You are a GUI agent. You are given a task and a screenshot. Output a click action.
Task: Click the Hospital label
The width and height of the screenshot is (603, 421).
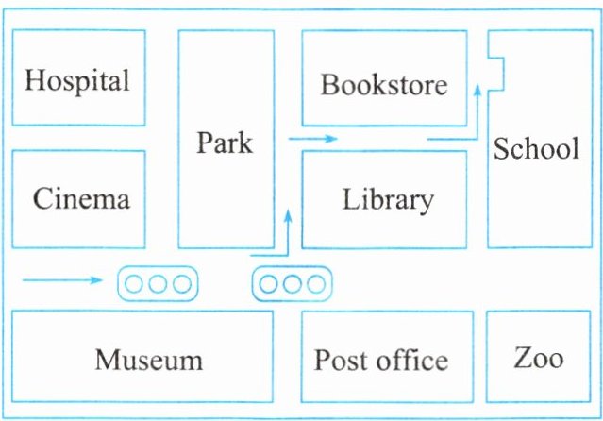pyautogui.click(x=77, y=80)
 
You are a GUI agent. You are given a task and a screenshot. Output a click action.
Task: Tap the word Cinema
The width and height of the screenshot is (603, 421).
pyautogui.click(x=81, y=199)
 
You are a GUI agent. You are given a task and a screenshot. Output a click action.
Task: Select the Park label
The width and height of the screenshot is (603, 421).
pyautogui.click(x=225, y=143)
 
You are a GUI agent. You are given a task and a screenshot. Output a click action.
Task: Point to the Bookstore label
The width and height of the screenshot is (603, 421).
pyautogui.click(x=383, y=85)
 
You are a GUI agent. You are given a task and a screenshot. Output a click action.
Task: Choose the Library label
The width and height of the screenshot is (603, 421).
pyautogui.click(x=388, y=200)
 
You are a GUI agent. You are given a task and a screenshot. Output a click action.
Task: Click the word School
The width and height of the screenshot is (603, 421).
pyautogui.click(x=536, y=149)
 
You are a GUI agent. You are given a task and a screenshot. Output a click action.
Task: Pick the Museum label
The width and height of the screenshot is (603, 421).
pyautogui.click(x=148, y=360)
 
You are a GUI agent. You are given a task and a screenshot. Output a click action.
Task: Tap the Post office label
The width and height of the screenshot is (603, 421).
pyautogui.click(x=381, y=360)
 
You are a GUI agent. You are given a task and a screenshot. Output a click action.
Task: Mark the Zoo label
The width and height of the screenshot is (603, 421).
pyautogui.click(x=539, y=358)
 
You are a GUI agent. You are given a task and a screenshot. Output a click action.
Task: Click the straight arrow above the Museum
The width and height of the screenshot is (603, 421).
pyautogui.click(x=61, y=279)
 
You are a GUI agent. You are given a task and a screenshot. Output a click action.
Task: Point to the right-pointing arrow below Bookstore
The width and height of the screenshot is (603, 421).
pyautogui.click(x=312, y=139)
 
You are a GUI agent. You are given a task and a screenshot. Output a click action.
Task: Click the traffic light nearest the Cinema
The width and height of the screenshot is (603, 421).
pyautogui.click(x=158, y=282)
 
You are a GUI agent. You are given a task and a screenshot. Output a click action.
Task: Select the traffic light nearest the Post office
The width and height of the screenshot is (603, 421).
pyautogui.click(x=292, y=282)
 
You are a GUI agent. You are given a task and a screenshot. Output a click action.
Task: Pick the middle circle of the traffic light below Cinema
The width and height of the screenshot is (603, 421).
pyautogui.click(x=158, y=282)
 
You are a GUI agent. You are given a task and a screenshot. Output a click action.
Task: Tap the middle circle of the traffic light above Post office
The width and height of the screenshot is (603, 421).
pyautogui.click(x=292, y=282)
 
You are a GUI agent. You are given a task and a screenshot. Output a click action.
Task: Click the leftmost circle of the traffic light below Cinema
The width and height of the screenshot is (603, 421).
pyautogui.click(x=136, y=282)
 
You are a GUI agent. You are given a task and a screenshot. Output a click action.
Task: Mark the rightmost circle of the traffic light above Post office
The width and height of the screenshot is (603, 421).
pyautogui.click(x=313, y=282)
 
